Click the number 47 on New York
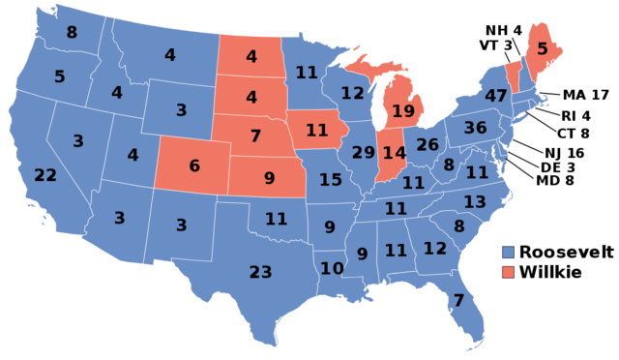(496, 96)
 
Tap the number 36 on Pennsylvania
(475, 128)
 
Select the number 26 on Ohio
(427, 145)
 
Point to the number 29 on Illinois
(363, 153)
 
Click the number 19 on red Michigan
(403, 111)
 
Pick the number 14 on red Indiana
(394, 153)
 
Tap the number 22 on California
(45, 175)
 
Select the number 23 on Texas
(260, 272)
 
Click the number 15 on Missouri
(331, 179)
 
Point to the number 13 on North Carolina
(475, 202)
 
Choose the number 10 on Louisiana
(332, 268)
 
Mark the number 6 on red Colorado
(194, 165)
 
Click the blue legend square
(509, 252)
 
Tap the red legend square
(509, 272)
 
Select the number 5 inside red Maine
(542, 48)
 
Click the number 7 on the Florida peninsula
(458, 300)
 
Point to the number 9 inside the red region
(269, 178)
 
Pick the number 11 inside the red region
(317, 130)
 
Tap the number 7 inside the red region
(255, 135)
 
